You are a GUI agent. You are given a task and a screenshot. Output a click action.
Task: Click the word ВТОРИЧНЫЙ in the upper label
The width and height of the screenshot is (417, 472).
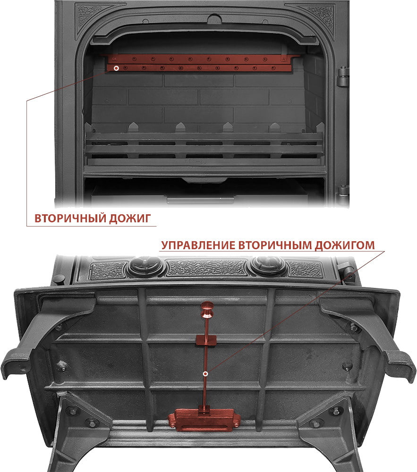point(70,218)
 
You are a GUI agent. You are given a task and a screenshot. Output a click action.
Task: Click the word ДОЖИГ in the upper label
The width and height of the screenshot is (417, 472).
point(130,218)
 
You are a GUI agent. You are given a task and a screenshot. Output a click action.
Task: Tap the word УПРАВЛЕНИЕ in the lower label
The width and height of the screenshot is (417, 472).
point(198,245)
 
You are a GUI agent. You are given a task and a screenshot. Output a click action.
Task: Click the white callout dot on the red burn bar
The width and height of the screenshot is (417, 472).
point(116,68)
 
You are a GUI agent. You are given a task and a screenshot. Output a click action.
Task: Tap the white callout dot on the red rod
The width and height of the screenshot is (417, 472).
point(205,374)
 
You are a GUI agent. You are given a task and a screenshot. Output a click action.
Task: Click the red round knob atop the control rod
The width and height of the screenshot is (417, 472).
point(206,310)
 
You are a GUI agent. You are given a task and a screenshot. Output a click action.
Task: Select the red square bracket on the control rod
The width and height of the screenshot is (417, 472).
point(206,340)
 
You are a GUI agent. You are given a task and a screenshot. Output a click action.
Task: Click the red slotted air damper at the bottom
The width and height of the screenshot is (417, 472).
point(204,419)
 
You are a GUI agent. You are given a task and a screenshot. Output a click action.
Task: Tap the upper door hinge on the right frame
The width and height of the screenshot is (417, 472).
point(342,77)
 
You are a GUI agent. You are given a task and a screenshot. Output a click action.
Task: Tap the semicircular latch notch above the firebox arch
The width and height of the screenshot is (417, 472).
point(214,19)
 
